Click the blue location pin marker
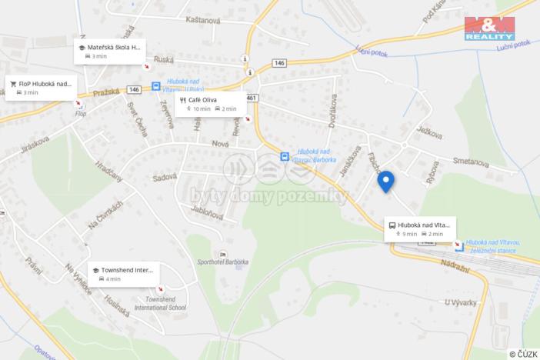(386, 180)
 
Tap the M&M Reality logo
(489, 28)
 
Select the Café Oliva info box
(209, 104)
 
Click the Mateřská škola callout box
(109, 51)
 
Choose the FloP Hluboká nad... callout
(40, 87)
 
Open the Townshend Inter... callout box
(122, 274)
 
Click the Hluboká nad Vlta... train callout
(419, 228)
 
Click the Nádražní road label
(438, 264)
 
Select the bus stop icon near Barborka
(285, 157)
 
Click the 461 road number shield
(253, 97)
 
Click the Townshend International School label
(165, 302)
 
